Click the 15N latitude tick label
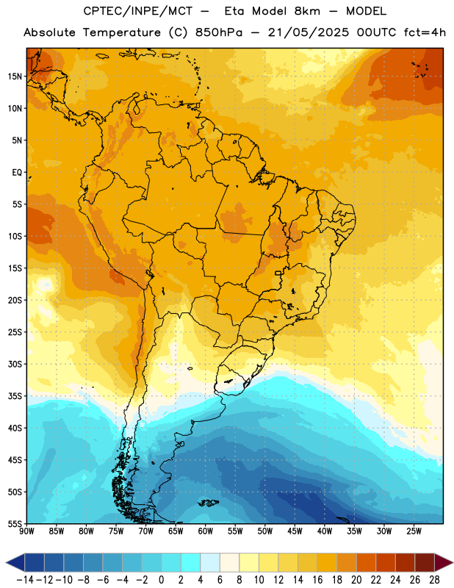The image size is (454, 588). (x=15, y=76)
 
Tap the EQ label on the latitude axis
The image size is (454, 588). (x=17, y=173)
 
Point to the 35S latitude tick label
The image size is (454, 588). (x=15, y=396)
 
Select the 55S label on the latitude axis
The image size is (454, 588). (x=15, y=523)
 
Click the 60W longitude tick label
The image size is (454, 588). (x=206, y=531)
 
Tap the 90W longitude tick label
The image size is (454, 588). (x=26, y=531)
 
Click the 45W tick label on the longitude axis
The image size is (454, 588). (x=295, y=531)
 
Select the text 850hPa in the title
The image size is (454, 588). (x=219, y=32)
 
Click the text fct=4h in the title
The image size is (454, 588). (x=425, y=32)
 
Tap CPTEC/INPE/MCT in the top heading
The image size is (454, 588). (x=137, y=11)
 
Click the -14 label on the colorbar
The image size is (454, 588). (x=25, y=580)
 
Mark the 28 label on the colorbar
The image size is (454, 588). (x=434, y=580)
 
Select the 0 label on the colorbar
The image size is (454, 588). (x=162, y=580)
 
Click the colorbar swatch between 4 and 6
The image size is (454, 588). (x=210, y=562)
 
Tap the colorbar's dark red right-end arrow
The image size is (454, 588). (x=444, y=562)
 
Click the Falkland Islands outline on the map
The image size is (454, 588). (x=208, y=503)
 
